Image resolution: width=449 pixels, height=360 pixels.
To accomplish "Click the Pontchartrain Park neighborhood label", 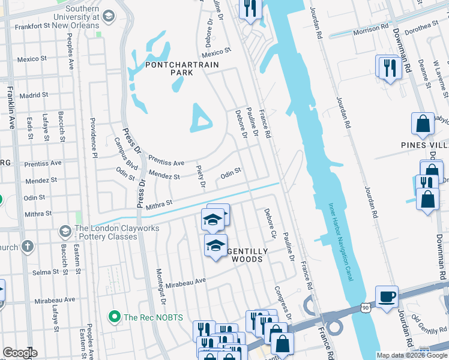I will (x=181, y=68).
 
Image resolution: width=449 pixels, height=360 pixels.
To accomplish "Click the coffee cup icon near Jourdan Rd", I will (x=387, y=296).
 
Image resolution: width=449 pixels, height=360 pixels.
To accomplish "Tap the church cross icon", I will (x=27, y=247).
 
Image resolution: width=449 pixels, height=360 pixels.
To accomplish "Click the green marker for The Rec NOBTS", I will (x=112, y=316).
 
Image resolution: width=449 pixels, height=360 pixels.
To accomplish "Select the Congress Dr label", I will (x=282, y=302).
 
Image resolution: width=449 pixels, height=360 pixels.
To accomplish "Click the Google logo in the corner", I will (x=20, y=353).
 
